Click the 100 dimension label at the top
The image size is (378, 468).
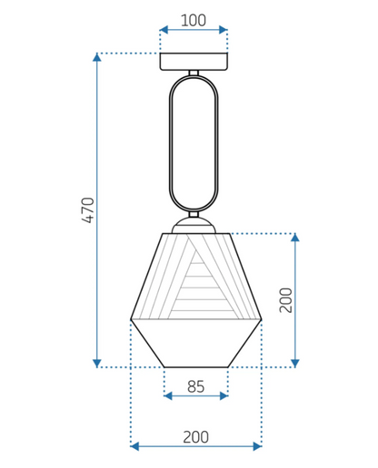point(194,20)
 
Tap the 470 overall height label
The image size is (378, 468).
point(88,210)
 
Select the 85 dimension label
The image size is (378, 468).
point(195,386)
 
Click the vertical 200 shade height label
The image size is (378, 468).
point(285,300)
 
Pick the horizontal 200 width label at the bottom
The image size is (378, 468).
point(195,437)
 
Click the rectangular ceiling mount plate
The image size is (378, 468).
point(194,62)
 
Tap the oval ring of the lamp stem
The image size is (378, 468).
point(170,142)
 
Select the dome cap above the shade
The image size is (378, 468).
point(194,226)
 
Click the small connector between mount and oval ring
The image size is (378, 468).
point(194,73)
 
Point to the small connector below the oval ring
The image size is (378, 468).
point(194,214)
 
